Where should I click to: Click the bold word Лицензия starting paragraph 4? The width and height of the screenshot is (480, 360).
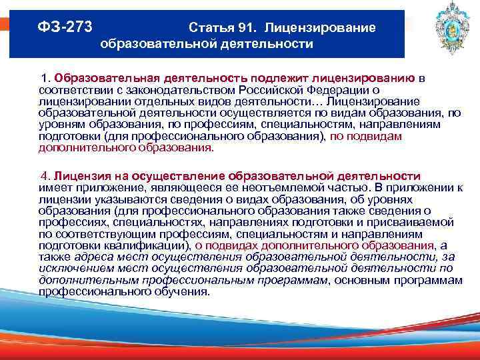[x=78, y=176]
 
